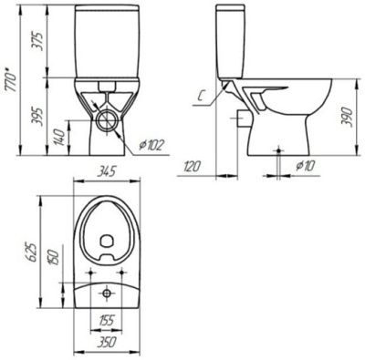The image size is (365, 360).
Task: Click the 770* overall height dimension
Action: pos(12,79)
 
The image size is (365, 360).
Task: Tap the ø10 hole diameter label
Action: pos(307,167)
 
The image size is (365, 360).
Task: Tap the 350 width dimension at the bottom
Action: pos(109,343)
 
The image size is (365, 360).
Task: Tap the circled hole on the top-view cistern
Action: pos(109,293)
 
